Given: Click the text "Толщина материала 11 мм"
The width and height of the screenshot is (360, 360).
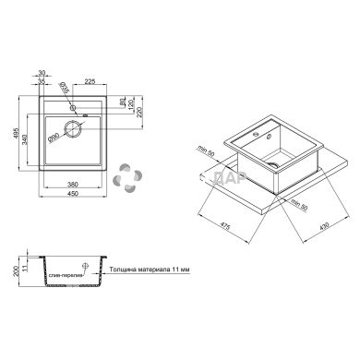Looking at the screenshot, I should click(147, 269).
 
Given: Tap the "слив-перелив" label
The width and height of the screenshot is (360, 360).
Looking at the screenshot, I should click(66, 275).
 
